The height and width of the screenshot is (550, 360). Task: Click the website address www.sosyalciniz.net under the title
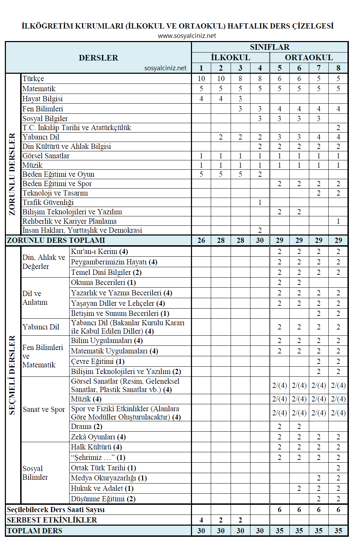click(187, 36)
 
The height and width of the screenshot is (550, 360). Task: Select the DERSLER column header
click(98, 58)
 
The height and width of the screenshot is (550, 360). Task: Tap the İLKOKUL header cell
click(230, 57)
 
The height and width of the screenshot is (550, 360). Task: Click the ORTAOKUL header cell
click(309, 57)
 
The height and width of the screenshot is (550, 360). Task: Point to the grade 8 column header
click(338, 68)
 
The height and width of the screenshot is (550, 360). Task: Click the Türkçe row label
click(33, 79)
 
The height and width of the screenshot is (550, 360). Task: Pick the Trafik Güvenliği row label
click(48, 202)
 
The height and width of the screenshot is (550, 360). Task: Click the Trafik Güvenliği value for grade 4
click(260, 202)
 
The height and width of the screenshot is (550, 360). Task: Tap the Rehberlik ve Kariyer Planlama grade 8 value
click(338, 221)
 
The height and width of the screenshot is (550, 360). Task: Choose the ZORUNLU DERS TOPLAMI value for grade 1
click(201, 240)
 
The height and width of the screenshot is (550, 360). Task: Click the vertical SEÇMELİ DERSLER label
click(13, 375)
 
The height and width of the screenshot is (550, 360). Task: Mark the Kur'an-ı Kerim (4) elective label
click(99, 252)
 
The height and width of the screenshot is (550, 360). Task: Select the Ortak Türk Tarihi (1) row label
click(103, 468)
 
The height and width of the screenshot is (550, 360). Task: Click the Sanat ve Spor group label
click(44, 409)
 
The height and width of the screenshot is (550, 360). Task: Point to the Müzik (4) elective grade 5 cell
click(279, 399)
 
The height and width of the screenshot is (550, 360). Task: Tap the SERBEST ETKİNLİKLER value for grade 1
click(201, 520)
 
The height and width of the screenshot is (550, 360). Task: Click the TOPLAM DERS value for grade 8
click(338, 531)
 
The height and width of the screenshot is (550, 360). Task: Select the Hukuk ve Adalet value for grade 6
click(299, 488)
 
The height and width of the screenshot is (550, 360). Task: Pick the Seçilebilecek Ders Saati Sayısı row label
click(56, 510)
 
